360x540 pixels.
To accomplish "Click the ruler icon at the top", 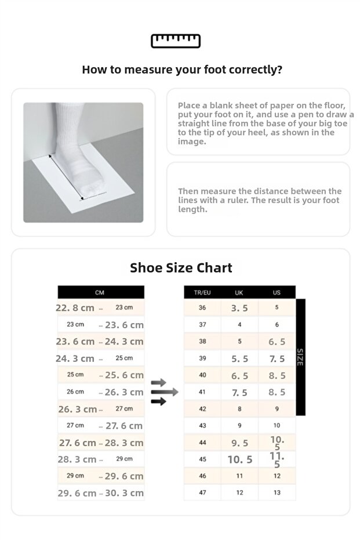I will coord(176,41).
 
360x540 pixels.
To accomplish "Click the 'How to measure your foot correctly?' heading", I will coord(182,70).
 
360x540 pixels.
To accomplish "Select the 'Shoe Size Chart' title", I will coord(181,267).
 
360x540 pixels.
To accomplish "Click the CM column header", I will coord(100,292).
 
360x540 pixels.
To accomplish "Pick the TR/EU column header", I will coord(202,292).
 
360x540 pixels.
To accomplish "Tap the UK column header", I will coord(239,292).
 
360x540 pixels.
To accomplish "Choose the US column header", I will coord(277,292).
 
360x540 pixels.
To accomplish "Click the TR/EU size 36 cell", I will coord(202,308).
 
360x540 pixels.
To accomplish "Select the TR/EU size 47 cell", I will coord(202,492).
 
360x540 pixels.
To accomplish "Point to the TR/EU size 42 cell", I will coord(202,409).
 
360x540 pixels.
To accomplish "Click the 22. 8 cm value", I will coord(75,308).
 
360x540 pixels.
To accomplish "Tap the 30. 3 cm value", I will coord(125,493).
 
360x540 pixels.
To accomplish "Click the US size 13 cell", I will coord(277,492).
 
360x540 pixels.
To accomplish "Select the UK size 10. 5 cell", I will coord(239,459).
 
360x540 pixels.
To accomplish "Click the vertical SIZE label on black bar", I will coord(300,357).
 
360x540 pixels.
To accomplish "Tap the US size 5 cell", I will coord(277,308).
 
